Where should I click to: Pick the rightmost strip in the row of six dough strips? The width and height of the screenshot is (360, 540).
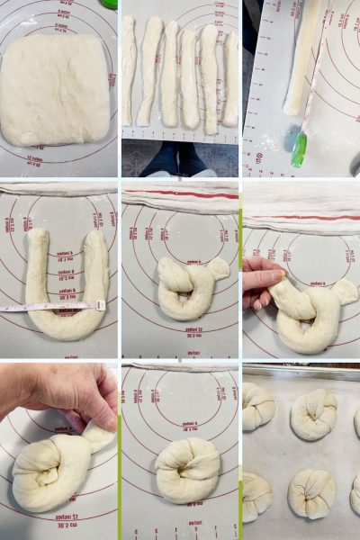tap(231, 79)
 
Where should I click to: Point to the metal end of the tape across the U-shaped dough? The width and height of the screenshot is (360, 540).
tap(100, 305)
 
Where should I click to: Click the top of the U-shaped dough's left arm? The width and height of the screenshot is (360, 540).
tap(36, 238)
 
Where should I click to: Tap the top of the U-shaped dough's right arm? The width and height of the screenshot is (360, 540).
tap(95, 238)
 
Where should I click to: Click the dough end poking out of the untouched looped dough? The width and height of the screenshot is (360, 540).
tap(217, 268)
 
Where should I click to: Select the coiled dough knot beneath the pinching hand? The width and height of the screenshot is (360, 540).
tap(49, 472)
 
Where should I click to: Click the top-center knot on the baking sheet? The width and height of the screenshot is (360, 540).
tap(313, 414)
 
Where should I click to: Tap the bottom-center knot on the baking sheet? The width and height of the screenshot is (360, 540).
tap(311, 493)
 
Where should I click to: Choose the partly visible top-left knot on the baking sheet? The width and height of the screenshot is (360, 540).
tap(256, 405)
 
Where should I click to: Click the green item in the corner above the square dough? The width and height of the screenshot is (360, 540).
tap(109, 4)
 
